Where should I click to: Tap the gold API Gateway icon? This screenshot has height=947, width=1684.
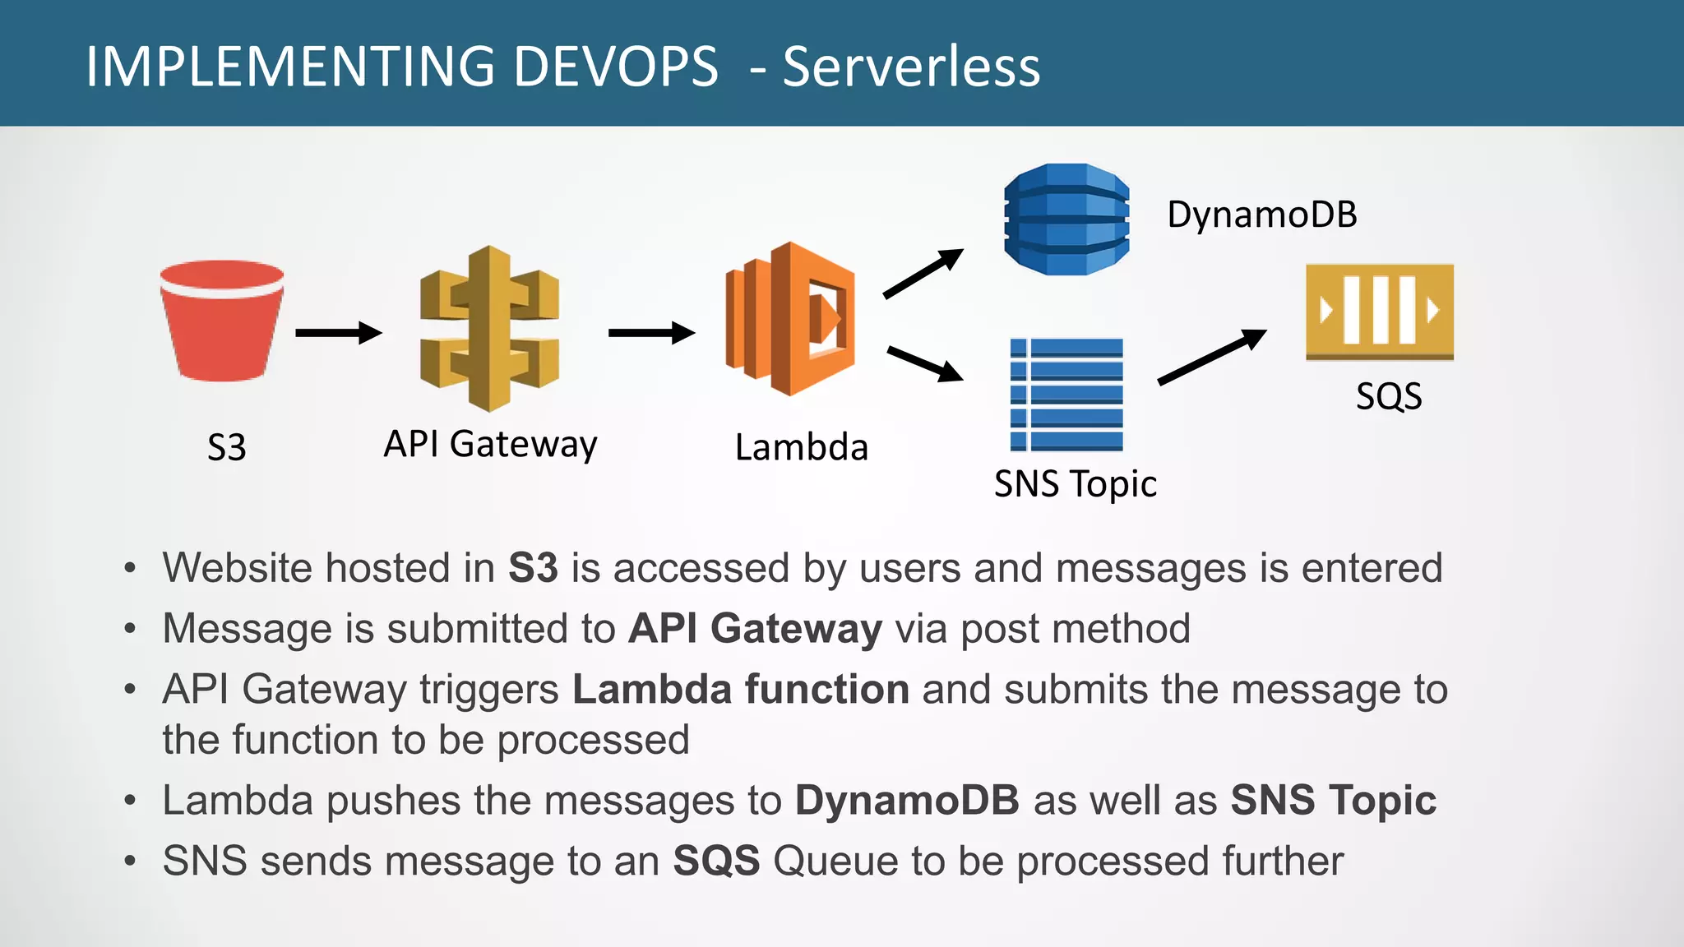point(489,329)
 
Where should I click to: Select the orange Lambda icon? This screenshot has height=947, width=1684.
point(789,319)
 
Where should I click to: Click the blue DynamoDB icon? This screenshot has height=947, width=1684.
point(1066,219)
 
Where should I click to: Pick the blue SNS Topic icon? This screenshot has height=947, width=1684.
point(1066,395)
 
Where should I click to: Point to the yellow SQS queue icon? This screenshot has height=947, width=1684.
point(1379,311)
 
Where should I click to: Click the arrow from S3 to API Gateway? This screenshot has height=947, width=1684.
point(338,333)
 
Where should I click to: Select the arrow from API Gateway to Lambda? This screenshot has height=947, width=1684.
point(651,333)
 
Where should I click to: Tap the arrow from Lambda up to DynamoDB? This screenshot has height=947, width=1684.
point(923,274)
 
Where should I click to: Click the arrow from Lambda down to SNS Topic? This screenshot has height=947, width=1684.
point(924,364)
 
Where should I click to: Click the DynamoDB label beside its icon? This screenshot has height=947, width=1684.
point(1261,215)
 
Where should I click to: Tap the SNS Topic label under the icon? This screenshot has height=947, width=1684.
point(1075,483)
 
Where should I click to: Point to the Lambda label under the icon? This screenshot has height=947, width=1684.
point(801,448)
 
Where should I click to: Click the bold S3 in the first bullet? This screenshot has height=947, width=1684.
point(533,568)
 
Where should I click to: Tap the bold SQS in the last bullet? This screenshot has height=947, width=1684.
point(716,861)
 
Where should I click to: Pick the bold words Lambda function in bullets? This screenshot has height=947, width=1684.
point(740,689)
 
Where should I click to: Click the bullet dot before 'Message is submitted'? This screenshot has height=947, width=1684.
point(129,629)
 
